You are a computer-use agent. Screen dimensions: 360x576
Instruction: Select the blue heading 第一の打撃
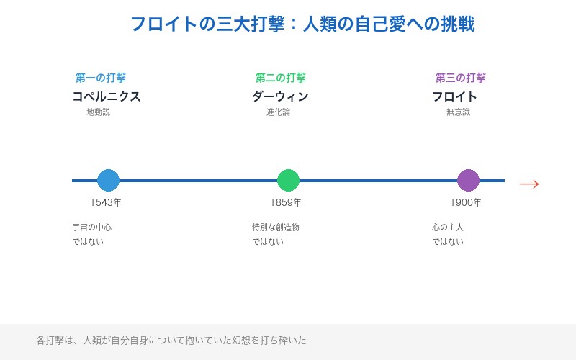[101, 78]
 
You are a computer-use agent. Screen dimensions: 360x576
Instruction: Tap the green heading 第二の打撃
[281, 78]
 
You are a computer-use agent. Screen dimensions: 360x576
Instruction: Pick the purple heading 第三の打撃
[461, 78]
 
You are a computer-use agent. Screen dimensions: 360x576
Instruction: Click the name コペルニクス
[107, 96]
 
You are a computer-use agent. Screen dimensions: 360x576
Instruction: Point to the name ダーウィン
[280, 96]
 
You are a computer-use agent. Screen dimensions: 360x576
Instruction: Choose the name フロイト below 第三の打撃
[454, 96]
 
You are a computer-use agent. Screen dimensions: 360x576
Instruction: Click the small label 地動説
[98, 112]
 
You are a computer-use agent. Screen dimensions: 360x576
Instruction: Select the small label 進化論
[278, 112]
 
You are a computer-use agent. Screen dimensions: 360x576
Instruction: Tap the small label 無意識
[458, 112]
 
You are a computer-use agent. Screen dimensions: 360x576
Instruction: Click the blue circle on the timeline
[108, 180]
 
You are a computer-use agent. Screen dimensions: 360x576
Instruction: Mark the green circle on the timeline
[288, 180]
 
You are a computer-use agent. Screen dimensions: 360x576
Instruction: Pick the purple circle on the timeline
[468, 180]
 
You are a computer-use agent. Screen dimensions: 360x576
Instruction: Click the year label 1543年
[106, 202]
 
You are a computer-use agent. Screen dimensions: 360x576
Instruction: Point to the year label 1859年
[286, 202]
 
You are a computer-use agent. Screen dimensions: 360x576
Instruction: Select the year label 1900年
[466, 202]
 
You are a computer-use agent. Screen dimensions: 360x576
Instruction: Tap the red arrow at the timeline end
[529, 184]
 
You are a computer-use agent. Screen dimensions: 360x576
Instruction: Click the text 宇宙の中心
[91, 228]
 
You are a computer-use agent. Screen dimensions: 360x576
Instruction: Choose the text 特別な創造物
[276, 228]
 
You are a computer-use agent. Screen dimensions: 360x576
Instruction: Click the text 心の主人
[448, 228]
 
